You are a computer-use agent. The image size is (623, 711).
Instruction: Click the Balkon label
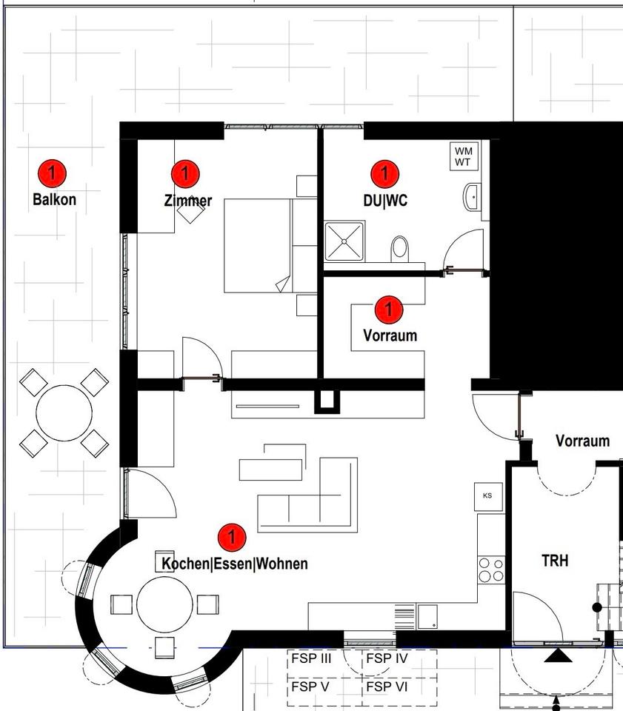pos(54,199)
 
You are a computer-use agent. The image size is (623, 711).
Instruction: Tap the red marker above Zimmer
pos(185,173)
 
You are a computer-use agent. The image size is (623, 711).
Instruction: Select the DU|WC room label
pos(384,200)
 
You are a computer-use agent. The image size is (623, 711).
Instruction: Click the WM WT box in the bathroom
pos(464,156)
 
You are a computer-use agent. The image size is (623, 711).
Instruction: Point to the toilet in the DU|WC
pos(400,248)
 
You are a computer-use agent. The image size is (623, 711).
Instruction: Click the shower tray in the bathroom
pos(344,241)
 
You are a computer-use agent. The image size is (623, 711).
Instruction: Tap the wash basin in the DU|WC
pos(473,197)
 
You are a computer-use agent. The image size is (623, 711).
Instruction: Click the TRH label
pos(555,561)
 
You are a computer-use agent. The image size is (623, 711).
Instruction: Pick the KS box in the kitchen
pos(487,495)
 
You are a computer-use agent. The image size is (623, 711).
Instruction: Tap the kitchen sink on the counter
pos(427,615)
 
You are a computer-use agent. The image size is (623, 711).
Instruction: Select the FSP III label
pos(311,658)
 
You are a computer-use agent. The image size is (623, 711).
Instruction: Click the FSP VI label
pos(387,687)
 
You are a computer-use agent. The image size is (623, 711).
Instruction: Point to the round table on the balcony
pos(64,411)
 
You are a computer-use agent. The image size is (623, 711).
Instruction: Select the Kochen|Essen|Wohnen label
pos(234,564)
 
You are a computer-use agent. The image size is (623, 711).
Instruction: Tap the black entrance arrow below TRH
pos(556,655)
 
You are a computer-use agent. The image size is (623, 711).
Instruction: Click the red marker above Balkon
pos(52,173)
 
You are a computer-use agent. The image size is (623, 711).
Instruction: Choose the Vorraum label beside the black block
pos(582,441)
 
